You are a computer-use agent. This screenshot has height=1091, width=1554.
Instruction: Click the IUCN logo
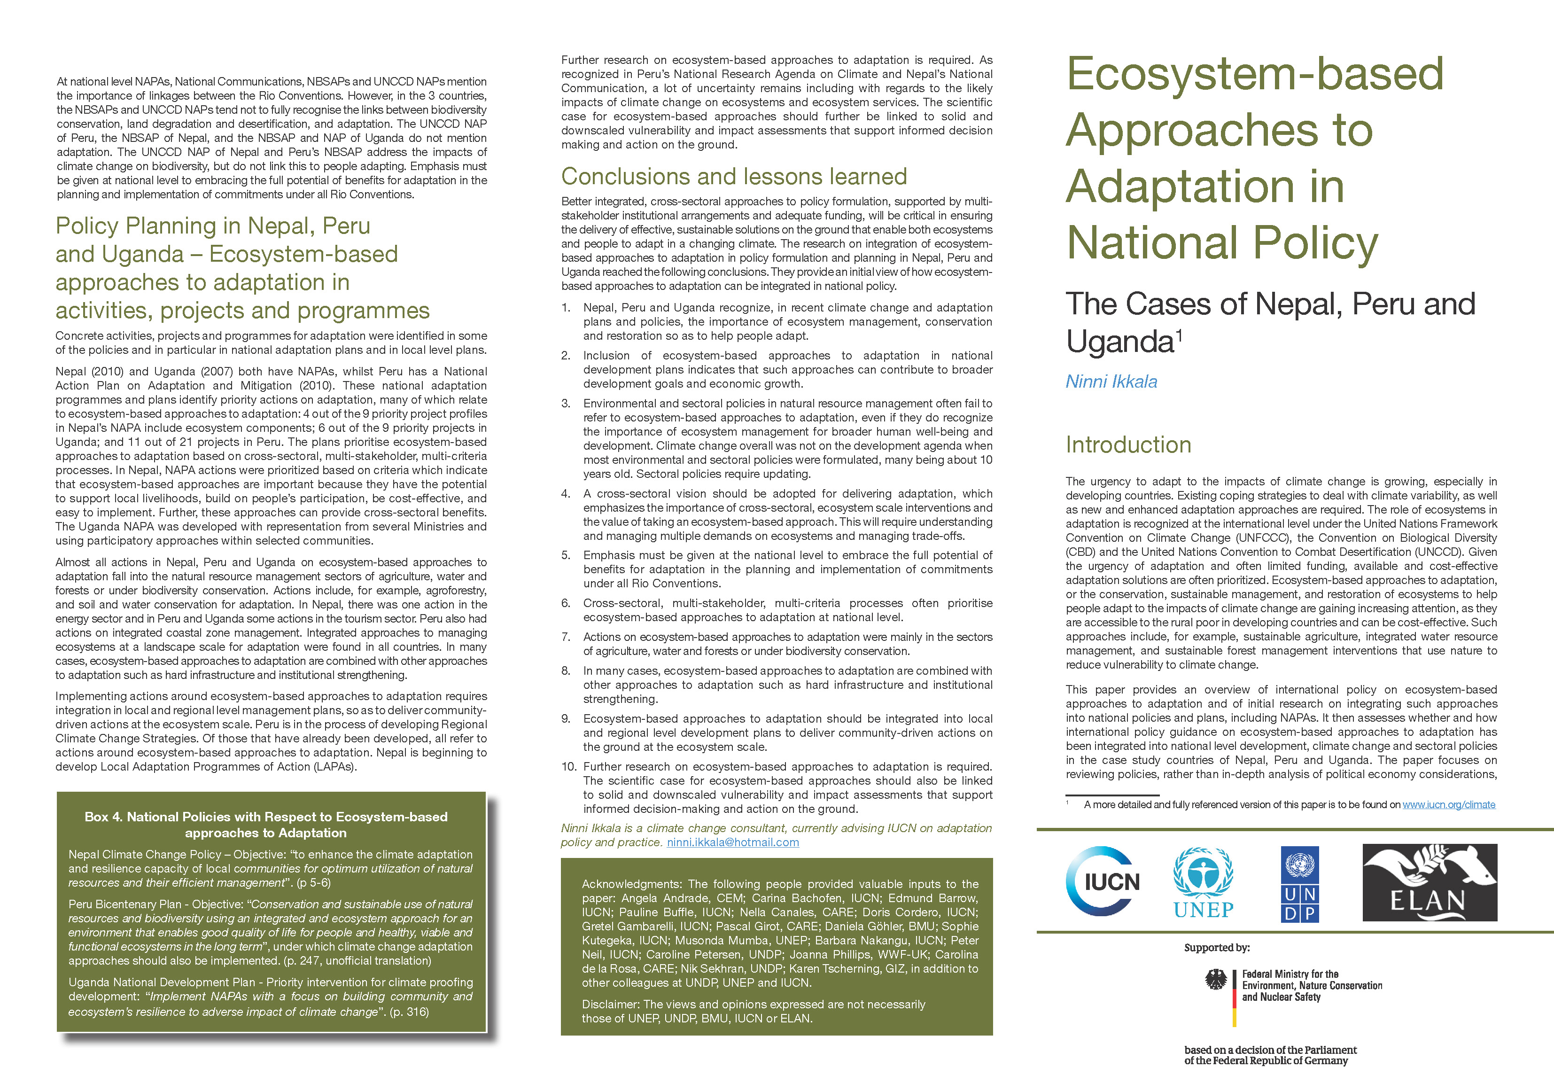(1103, 881)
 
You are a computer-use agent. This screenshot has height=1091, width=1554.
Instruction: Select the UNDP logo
(1299, 883)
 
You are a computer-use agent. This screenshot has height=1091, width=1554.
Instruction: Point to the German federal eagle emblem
(1216, 980)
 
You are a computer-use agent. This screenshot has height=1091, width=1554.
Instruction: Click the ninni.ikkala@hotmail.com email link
(732, 842)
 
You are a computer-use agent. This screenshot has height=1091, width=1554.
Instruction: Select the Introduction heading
(1128, 444)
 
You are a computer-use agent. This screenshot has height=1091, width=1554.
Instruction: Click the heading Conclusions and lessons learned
(734, 177)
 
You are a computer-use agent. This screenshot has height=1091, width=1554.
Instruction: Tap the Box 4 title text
(266, 824)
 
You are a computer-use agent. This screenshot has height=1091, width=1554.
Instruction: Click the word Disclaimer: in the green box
(611, 1005)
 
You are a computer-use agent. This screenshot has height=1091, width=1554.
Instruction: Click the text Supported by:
(1216, 948)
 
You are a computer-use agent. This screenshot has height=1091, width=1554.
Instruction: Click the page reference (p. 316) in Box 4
(409, 1012)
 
